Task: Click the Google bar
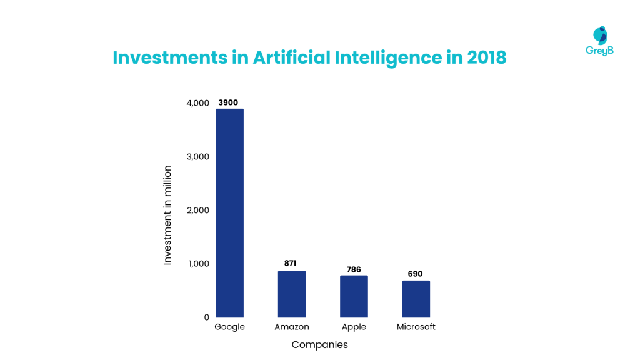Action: click(229, 212)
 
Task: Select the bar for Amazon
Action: click(292, 294)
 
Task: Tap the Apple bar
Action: click(354, 296)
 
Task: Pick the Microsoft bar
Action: click(416, 299)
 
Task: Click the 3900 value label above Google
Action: click(229, 102)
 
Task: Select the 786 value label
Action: click(354, 269)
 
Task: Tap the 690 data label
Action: click(416, 274)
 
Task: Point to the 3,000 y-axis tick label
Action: click(197, 156)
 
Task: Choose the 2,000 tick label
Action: click(197, 210)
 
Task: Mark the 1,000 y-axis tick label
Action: click(197, 264)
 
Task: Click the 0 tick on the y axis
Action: click(206, 317)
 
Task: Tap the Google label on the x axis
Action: click(229, 327)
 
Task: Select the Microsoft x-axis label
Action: click(416, 327)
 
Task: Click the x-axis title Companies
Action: click(319, 344)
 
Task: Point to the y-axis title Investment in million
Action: click(167, 215)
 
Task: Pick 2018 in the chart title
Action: click(486, 57)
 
